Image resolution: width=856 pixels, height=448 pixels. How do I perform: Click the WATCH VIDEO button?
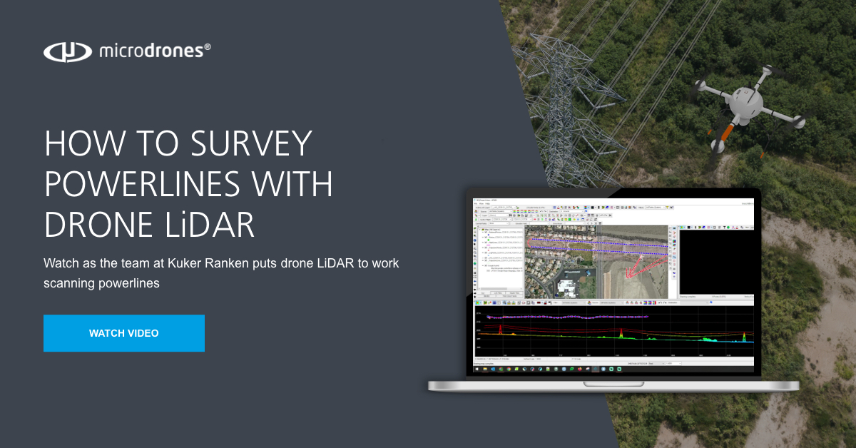(x=123, y=333)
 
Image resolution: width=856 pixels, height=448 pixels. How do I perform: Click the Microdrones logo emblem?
(x=68, y=51)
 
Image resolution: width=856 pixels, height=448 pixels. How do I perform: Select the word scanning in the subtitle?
(x=71, y=282)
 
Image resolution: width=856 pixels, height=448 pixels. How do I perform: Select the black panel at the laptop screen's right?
(x=715, y=260)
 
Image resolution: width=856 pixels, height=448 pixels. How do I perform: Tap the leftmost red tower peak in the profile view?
(x=501, y=329)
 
